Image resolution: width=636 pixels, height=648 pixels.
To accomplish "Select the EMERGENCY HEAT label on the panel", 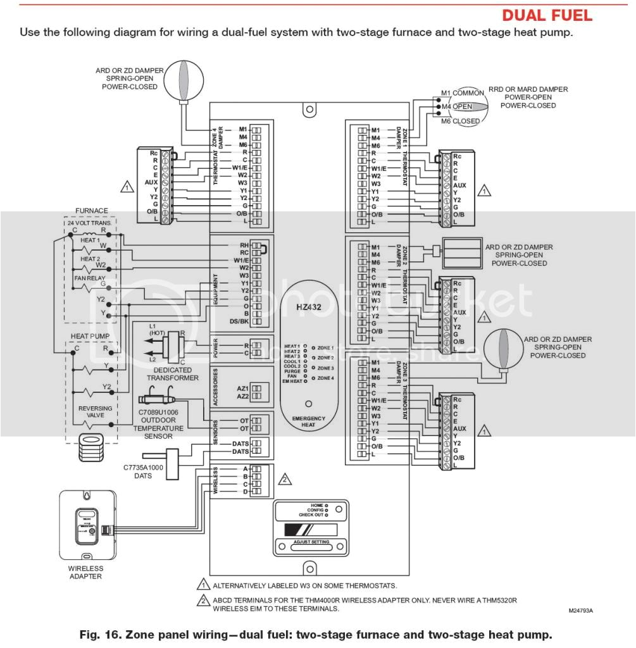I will (x=308, y=422).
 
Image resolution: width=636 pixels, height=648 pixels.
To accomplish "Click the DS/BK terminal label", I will (x=239, y=321).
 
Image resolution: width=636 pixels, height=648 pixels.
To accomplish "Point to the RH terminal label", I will (x=243, y=244).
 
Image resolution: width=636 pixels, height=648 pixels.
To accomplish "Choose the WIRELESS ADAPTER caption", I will (x=85, y=572).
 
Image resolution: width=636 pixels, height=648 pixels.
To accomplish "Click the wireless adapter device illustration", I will (x=87, y=525).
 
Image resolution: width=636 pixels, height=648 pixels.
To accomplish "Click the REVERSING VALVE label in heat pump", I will (x=95, y=412).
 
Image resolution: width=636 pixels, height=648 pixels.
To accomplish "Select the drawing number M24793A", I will (x=585, y=611).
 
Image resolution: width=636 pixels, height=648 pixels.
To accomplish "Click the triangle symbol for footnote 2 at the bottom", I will (x=204, y=601).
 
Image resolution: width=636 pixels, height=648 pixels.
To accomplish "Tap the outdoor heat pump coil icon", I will (x=91, y=449).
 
